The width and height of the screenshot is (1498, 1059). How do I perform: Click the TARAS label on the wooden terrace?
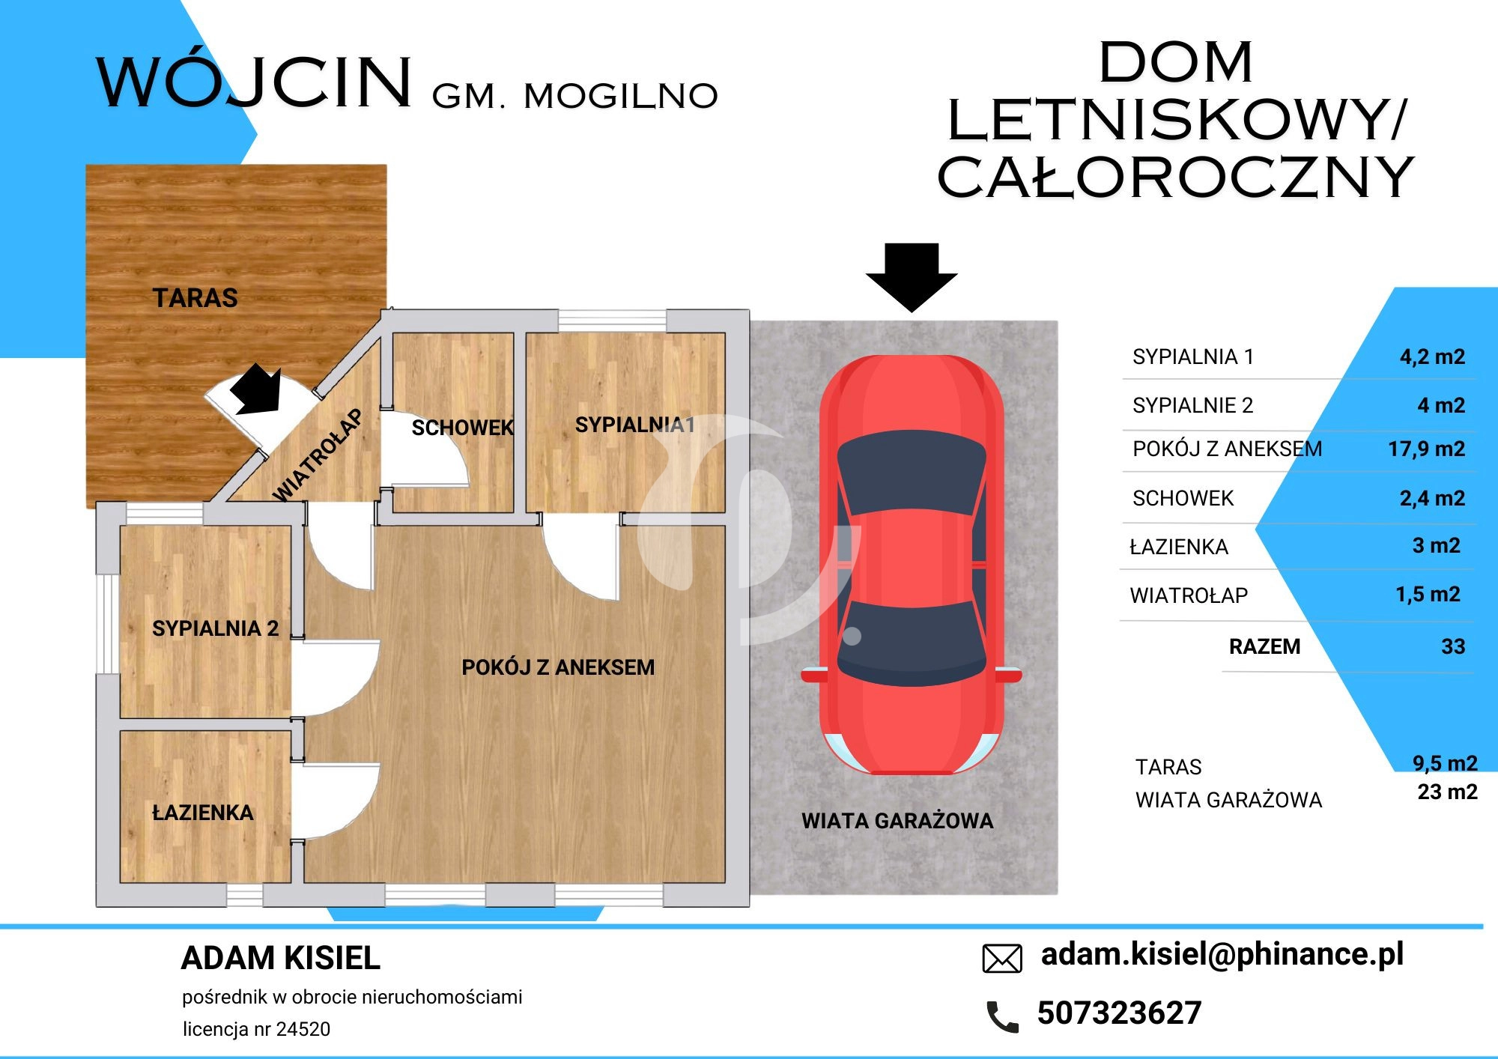point(195,298)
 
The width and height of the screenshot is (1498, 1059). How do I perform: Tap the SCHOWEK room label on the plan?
point(462,428)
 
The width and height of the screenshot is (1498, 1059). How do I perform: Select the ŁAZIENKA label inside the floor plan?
point(203,812)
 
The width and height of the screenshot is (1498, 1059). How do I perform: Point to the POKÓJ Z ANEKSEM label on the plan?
point(558,667)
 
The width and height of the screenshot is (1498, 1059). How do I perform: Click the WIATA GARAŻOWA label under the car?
point(897,821)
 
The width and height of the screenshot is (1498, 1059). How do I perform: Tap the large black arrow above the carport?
point(912,277)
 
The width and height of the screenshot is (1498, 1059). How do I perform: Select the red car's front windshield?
point(911,473)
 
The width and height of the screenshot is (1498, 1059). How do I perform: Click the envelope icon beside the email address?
point(1002,959)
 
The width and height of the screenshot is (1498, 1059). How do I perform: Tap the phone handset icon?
point(1002,1016)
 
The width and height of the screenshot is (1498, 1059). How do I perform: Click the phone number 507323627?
point(1119,1013)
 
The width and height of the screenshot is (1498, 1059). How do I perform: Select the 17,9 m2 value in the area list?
point(1427,449)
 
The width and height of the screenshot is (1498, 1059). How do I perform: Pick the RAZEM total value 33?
point(1453,646)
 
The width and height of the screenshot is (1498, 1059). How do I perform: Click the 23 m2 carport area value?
point(1447,792)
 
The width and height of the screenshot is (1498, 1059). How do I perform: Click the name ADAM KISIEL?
point(281,958)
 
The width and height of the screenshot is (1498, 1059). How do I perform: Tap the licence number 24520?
point(303,1029)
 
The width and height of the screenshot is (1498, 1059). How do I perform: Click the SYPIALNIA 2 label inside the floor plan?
point(215,628)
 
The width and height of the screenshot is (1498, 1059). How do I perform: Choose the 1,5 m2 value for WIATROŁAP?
point(1428,595)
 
